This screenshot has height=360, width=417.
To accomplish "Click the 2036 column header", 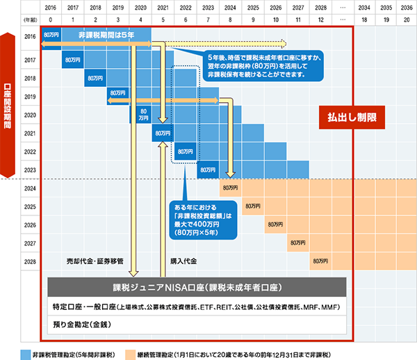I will click(x=404, y=8).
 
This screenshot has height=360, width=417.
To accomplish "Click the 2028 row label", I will click(x=30, y=261).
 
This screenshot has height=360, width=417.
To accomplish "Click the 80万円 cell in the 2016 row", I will click(x=51, y=34).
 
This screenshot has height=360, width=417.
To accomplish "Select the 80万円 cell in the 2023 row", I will click(x=208, y=169).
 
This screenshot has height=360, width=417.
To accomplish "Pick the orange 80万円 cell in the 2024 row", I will click(x=230, y=188).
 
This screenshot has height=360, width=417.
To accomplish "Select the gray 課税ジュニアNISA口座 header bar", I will click(x=196, y=288).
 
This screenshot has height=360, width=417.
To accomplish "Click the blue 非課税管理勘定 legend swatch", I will click(x=26, y=352).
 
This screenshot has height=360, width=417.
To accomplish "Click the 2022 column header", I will click(x=185, y=8).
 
